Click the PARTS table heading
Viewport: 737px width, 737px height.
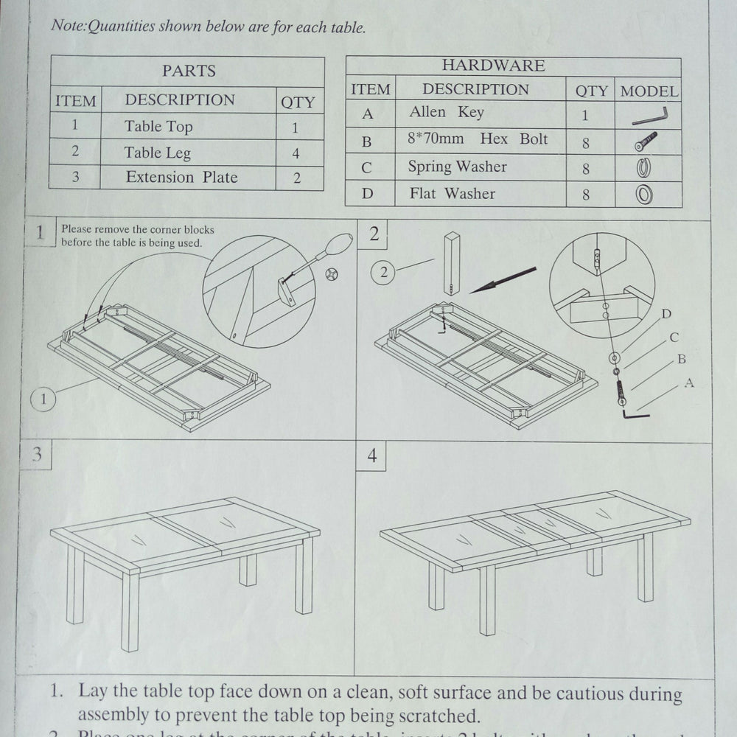189,71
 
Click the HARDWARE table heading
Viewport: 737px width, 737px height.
493,66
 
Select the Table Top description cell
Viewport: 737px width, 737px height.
158,127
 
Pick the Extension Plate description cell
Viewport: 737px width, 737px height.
181,178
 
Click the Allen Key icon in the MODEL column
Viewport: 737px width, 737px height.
649,116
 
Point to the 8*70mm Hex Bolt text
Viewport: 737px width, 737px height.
478,139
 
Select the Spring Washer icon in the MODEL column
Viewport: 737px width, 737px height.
644,167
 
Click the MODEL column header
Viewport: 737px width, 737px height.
649,91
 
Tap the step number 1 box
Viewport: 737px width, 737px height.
40,234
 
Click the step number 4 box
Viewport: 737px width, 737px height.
371,457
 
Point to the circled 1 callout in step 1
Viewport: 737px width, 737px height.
43,399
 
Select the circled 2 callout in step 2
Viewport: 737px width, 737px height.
383,273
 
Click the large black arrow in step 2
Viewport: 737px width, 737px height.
503,281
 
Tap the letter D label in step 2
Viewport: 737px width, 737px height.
666,315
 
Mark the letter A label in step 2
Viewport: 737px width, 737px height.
688,383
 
